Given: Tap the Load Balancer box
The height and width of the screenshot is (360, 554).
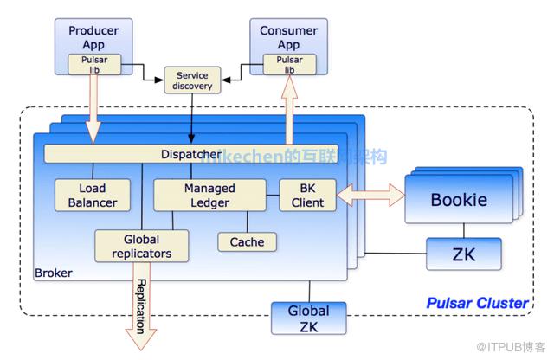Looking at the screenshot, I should (x=92, y=196).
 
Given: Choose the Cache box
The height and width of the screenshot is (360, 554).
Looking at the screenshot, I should (x=247, y=242).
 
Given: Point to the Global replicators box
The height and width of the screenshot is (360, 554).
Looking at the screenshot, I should (x=141, y=246).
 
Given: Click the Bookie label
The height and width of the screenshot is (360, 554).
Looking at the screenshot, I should (x=459, y=200).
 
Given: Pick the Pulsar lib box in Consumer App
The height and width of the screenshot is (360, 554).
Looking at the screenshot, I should (x=289, y=64).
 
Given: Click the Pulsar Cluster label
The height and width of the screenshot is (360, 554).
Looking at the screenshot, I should (x=477, y=303).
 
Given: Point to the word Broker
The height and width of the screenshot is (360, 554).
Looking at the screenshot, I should (x=53, y=273).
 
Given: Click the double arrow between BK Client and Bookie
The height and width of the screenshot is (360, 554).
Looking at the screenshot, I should (x=371, y=196).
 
